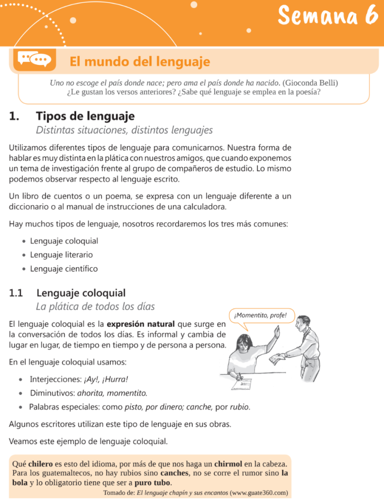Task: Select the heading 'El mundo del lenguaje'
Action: tap(140, 62)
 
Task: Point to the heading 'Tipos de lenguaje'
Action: tap(85, 117)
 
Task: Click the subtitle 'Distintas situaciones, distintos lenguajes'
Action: tap(124, 130)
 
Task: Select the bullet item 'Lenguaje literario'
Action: tap(61, 255)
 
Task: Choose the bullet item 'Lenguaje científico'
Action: tap(64, 269)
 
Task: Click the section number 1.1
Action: tap(16, 293)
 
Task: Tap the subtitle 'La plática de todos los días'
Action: tap(95, 307)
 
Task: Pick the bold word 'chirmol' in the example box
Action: tap(228, 464)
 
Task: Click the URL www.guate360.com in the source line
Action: tap(259, 492)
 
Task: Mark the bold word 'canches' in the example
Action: tap(174, 473)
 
